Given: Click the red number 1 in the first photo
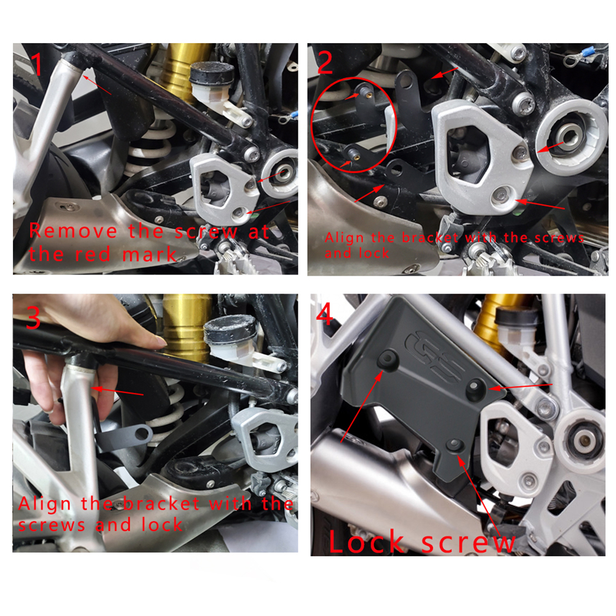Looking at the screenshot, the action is pyautogui.click(x=38, y=63).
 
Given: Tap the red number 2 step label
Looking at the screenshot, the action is pyautogui.click(x=325, y=62).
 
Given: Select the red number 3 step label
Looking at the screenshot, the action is pyautogui.click(x=33, y=318).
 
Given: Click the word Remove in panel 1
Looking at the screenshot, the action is pyautogui.click(x=73, y=231).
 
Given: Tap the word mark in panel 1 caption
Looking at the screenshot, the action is pyautogui.click(x=150, y=254).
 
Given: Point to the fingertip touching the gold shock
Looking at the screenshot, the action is pyautogui.click(x=160, y=341).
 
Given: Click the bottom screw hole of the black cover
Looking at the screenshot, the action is pyautogui.click(x=455, y=446).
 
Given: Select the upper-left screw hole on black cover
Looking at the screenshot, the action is pyautogui.click(x=386, y=359).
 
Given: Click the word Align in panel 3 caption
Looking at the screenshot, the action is pyautogui.click(x=44, y=504).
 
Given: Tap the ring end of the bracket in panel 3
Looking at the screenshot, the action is pyautogui.click(x=140, y=434).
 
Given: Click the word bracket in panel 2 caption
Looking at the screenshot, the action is pyautogui.click(x=430, y=238).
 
